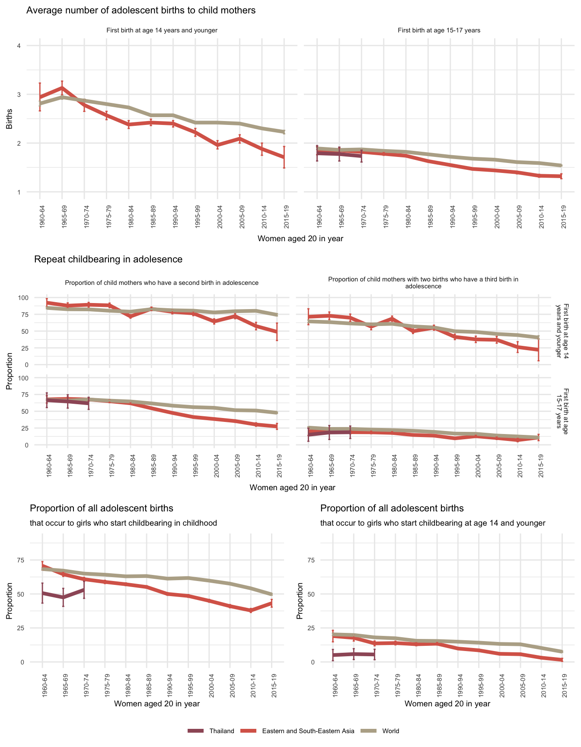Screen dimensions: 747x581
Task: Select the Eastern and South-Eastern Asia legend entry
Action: (308, 731)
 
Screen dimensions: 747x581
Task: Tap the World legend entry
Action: (390, 731)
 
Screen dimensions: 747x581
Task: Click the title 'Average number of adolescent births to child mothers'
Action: (141, 10)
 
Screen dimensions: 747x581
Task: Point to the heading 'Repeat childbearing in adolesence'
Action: (108, 259)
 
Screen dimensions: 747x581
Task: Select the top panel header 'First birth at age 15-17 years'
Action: (439, 31)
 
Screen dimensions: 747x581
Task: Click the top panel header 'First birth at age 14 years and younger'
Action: (162, 31)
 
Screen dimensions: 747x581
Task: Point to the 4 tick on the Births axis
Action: (19, 46)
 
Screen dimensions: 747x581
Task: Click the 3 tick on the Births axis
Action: (19, 95)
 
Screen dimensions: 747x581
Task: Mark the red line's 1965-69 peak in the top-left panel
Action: (62, 88)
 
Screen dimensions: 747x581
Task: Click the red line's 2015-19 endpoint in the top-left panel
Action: (284, 157)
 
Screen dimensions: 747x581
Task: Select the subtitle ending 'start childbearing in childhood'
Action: (123, 523)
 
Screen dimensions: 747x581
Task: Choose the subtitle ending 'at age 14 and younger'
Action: (433, 523)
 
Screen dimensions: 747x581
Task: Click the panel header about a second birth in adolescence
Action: (162, 283)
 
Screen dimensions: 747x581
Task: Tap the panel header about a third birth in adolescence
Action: (423, 283)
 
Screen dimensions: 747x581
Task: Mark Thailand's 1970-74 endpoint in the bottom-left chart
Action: (84, 589)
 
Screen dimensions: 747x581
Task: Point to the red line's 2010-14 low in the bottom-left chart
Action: (251, 610)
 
